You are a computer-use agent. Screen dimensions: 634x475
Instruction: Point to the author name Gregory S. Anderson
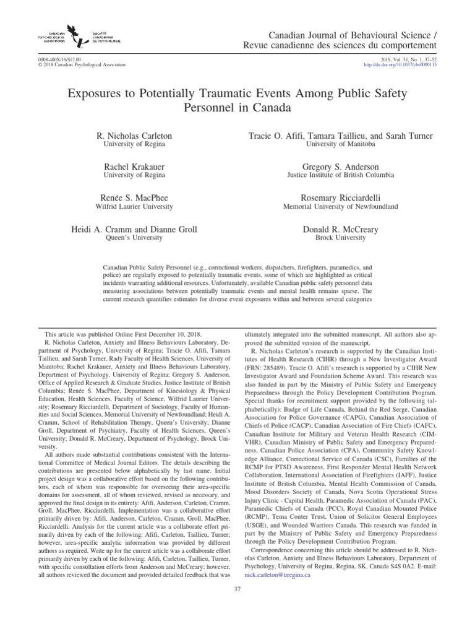pyautogui.click(x=340, y=167)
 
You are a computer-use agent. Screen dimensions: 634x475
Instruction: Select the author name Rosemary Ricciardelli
pyautogui.click(x=340, y=198)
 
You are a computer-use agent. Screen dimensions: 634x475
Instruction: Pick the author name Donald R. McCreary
pyautogui.click(x=340, y=229)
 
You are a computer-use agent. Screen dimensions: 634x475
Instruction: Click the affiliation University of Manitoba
pyautogui.click(x=340, y=144)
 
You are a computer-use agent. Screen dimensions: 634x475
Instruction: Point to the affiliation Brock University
pyautogui.click(x=340, y=238)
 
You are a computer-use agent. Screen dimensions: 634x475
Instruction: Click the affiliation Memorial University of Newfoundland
pyautogui.click(x=340, y=207)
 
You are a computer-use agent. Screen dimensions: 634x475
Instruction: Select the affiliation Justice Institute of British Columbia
pyautogui.click(x=340, y=176)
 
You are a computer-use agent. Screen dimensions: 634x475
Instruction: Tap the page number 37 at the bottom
pyautogui.click(x=237, y=606)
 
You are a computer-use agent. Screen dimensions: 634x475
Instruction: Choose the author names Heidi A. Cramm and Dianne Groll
pyautogui.click(x=134, y=229)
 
